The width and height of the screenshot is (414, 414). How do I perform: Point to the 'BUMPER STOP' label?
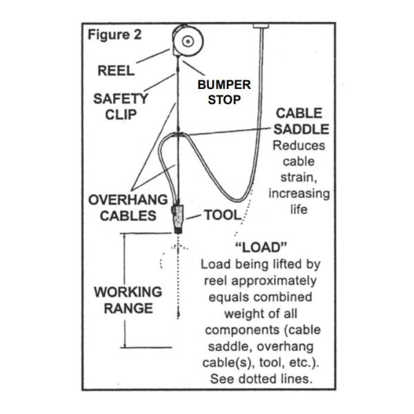pyautogui.click(x=219, y=92)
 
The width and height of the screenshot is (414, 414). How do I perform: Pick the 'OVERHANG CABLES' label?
pyautogui.click(x=128, y=207)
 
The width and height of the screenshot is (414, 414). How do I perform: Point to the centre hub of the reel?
pyautogui.click(x=188, y=41)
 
